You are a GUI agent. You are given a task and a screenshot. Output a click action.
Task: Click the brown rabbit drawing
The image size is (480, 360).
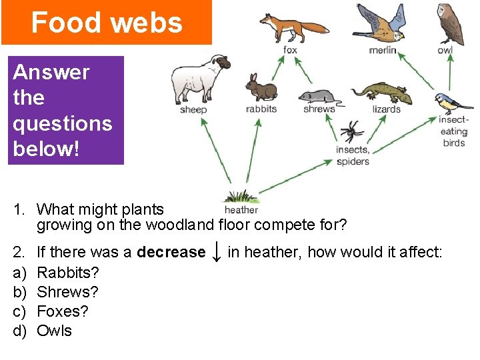(x=260, y=89)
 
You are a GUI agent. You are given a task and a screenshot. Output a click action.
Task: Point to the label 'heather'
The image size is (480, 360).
(x=241, y=210)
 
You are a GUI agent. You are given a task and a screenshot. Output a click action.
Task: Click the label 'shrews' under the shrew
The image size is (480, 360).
(x=319, y=109)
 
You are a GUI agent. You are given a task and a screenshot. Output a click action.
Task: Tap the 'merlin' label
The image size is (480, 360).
(x=383, y=50)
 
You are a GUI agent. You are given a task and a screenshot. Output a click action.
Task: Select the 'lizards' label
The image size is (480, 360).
(x=386, y=109)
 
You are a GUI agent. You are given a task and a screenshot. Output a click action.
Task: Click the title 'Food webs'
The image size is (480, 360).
(x=107, y=23)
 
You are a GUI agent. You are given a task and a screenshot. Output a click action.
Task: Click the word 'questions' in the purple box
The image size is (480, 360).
(x=63, y=123)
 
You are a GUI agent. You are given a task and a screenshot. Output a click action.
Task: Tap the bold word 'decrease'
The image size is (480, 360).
(x=171, y=252)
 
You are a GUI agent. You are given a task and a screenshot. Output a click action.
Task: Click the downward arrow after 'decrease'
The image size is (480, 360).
(x=216, y=251)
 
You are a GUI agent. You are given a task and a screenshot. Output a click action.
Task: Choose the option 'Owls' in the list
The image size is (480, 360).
(x=54, y=331)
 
